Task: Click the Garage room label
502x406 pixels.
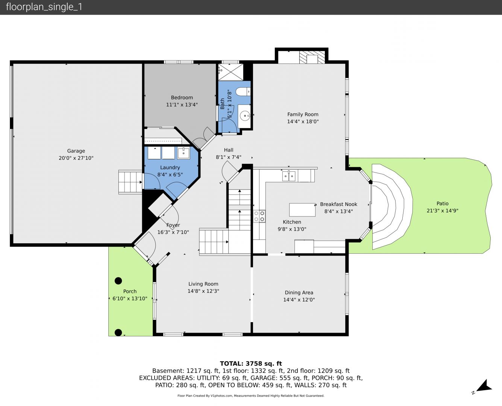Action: pyautogui.click(x=76, y=151)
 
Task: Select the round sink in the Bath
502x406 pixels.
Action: pyautogui.click(x=245, y=116)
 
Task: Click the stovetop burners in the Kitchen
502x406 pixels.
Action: pyautogui.click(x=259, y=216)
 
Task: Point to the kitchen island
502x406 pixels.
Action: pyautogui.click(x=302, y=210)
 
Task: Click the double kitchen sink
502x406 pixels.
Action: pyautogui.click(x=289, y=176)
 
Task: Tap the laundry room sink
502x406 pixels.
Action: pyautogui.click(x=184, y=153)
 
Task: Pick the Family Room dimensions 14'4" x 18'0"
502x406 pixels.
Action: pyautogui.click(x=303, y=121)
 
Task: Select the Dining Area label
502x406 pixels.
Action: pyautogui.click(x=299, y=293)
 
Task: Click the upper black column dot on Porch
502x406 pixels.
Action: pyautogui.click(x=118, y=281)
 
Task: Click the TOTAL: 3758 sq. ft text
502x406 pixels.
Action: pyautogui.click(x=251, y=364)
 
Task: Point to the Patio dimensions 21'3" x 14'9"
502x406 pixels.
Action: pyautogui.click(x=442, y=211)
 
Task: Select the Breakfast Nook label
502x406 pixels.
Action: pyautogui.click(x=338, y=204)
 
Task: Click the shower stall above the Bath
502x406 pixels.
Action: pyautogui.click(x=231, y=72)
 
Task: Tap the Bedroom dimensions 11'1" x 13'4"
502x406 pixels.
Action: pyautogui.click(x=182, y=105)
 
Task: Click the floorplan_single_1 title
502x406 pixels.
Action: pyautogui.click(x=44, y=7)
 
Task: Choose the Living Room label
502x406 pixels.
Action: pyautogui.click(x=203, y=284)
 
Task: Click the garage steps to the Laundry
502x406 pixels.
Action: pyautogui.click(x=130, y=182)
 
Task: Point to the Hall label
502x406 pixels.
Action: pyautogui.click(x=228, y=150)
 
